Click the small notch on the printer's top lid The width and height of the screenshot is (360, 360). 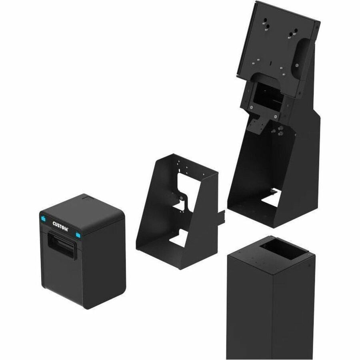tap(84, 196)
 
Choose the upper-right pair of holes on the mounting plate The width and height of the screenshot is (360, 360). tap(294, 31)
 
